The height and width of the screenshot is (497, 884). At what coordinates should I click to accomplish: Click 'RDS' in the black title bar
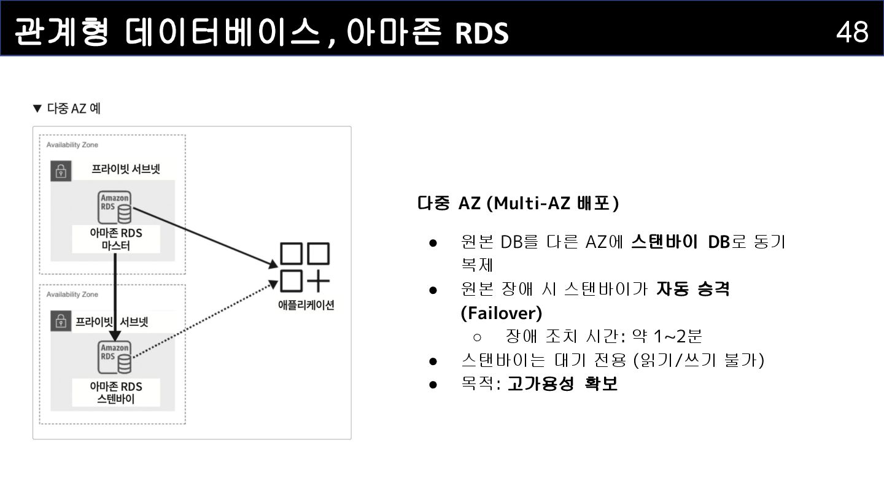tap(482, 34)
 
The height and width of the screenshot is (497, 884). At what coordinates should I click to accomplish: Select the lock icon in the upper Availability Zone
tap(60, 171)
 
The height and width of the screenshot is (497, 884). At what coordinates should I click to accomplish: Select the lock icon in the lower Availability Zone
tap(60, 321)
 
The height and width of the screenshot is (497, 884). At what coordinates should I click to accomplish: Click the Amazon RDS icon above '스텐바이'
tap(115, 358)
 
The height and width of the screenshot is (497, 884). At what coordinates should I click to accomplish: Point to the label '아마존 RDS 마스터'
tap(115, 239)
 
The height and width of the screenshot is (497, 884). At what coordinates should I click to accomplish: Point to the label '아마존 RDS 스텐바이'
tap(115, 393)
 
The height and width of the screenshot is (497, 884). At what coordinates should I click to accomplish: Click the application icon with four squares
tap(304, 268)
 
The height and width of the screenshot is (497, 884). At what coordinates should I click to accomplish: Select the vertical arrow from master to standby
tap(115, 295)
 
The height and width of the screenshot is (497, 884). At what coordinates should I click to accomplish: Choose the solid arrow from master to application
tap(203, 236)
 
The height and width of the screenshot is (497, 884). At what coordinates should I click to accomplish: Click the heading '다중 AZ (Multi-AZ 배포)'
tap(518, 203)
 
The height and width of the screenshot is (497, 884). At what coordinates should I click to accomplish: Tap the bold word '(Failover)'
tap(501, 313)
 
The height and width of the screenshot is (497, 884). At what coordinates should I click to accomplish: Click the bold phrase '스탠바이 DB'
tap(680, 242)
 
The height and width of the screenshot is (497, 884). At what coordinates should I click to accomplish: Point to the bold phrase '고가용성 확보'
tap(562, 384)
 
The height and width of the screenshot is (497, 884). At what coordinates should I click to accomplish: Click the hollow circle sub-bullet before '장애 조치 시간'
tap(478, 337)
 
